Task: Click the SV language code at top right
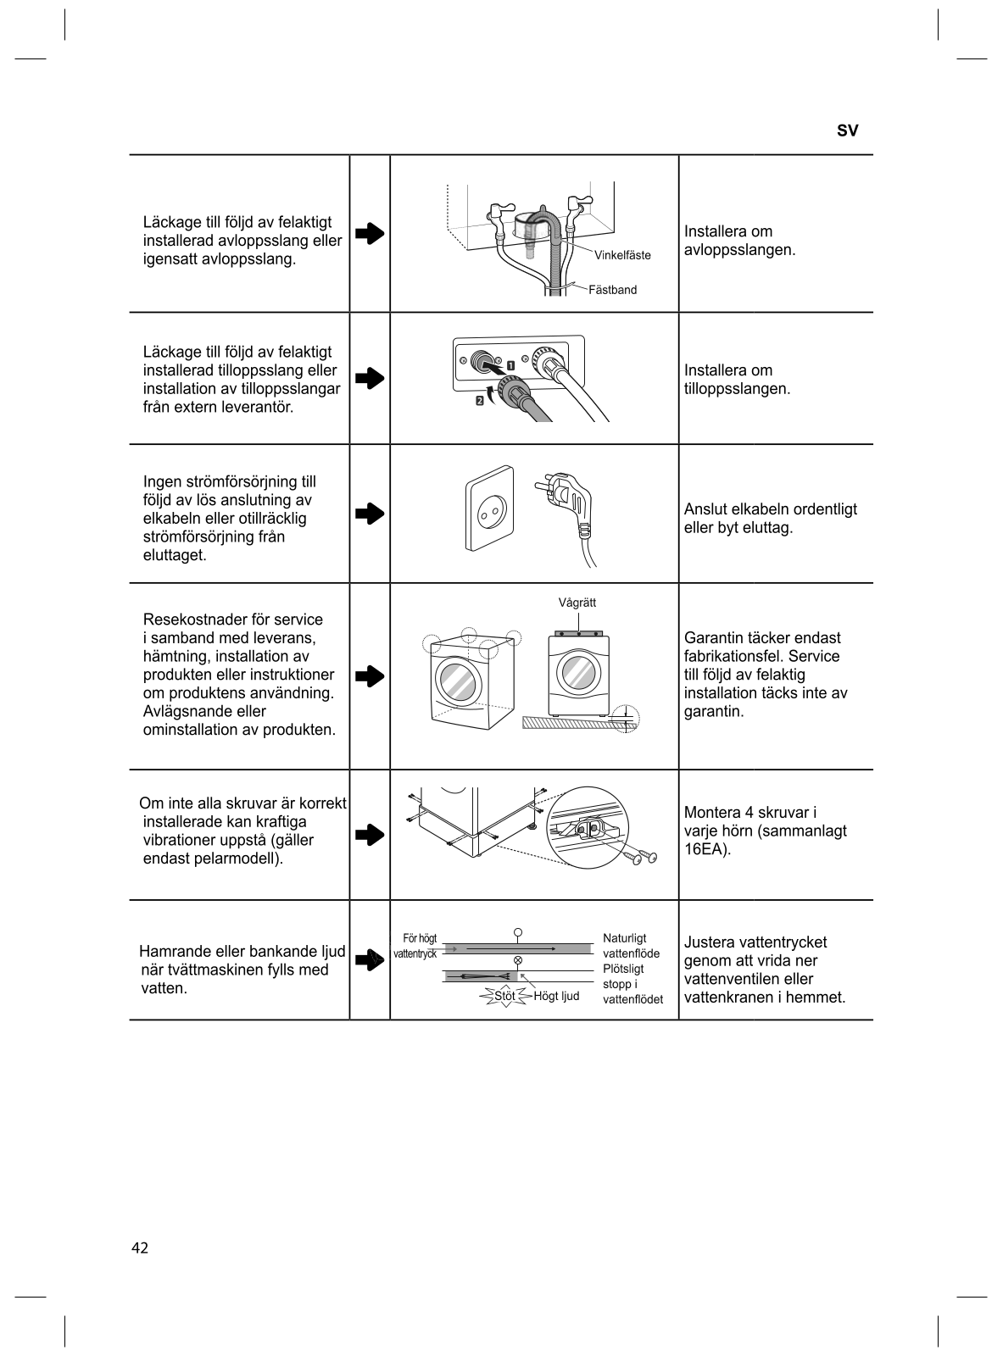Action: click(x=847, y=131)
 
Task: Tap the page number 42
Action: click(x=140, y=1248)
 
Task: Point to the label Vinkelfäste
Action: click(x=622, y=255)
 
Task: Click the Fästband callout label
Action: click(x=612, y=290)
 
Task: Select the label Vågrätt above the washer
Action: click(x=577, y=603)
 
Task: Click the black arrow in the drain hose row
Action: click(x=370, y=234)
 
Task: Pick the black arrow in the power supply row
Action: click(x=370, y=514)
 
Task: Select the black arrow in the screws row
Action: click(x=370, y=835)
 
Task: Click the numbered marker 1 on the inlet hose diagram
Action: click(x=513, y=366)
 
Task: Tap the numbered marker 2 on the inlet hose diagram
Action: click(x=480, y=401)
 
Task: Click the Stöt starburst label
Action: click(x=504, y=996)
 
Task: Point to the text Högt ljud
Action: click(x=556, y=996)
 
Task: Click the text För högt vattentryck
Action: click(x=416, y=946)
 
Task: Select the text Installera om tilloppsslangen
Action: click(x=737, y=380)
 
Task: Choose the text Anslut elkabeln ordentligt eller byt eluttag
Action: click(x=770, y=519)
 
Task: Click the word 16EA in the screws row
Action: click(x=705, y=849)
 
